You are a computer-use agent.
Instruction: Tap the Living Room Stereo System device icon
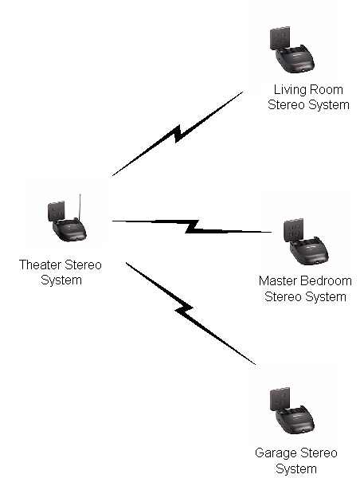292,49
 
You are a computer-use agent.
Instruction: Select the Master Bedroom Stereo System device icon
306,241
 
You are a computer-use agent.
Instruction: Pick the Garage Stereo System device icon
292,410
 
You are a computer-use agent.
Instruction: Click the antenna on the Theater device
80,206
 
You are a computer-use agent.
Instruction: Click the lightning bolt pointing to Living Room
178,134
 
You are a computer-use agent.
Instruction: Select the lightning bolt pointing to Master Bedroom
192,226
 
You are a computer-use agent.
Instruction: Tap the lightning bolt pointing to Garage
190,313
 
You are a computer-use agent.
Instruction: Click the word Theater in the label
41,264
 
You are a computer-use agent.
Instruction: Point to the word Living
290,90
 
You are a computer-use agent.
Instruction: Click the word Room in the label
326,89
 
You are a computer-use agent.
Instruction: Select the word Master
275,280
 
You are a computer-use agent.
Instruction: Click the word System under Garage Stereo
296,469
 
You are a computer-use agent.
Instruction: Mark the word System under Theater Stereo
61,280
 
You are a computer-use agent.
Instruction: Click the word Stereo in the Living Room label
286,105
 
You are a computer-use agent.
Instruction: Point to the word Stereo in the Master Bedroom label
284,296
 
